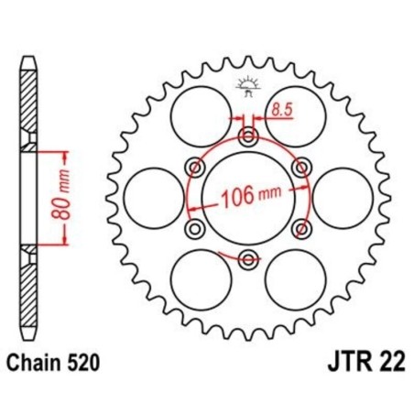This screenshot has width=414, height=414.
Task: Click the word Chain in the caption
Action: coord(39,364)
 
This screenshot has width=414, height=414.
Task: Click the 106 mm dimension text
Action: coord(249,195)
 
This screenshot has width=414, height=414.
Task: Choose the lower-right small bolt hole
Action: coord(301,226)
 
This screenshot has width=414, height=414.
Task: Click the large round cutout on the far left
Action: coord(149,196)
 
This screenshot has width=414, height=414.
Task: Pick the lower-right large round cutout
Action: coord(295,278)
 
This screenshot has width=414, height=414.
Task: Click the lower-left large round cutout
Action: coord(200,278)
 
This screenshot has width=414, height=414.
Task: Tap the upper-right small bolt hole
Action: coord(301,167)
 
